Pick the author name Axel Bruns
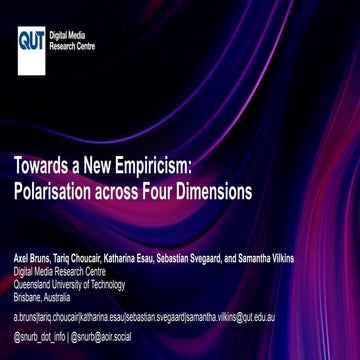[x=31, y=257]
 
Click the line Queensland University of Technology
[x=69, y=283]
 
